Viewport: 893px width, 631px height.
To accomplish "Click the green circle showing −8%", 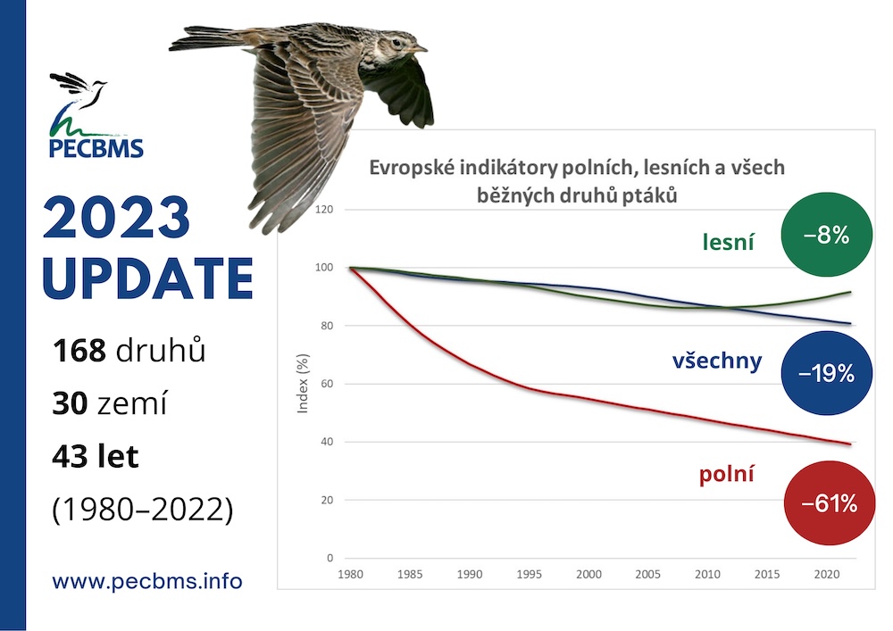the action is [x=826, y=235].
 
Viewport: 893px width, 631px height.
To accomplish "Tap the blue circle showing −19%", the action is [x=826, y=373].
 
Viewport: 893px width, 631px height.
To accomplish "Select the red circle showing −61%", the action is [x=830, y=503].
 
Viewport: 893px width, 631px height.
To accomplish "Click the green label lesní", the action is [x=728, y=242].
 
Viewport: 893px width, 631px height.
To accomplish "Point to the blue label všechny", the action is [x=717, y=361].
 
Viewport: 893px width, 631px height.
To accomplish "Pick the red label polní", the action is [x=727, y=474].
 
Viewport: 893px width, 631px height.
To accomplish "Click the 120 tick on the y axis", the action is [x=323, y=210].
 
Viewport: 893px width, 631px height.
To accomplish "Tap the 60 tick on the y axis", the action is [x=326, y=384].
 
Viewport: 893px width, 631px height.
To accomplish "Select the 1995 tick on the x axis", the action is [x=529, y=574].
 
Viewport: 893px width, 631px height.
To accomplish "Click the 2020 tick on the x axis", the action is [x=826, y=574].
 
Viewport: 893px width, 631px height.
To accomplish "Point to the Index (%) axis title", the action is [x=303, y=383].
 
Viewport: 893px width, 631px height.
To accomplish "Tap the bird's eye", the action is [x=396, y=42].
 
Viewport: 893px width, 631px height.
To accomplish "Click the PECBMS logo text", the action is [x=96, y=148].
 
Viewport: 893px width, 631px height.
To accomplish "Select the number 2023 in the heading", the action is [x=116, y=217].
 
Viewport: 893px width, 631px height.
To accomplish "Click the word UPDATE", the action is [x=147, y=278].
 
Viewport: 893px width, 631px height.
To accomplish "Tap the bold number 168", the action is [x=79, y=350].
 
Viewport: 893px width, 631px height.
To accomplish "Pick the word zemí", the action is [x=132, y=403].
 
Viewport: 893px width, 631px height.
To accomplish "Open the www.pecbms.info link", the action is [x=147, y=582].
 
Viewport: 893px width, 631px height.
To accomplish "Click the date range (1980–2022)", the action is [x=142, y=510].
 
